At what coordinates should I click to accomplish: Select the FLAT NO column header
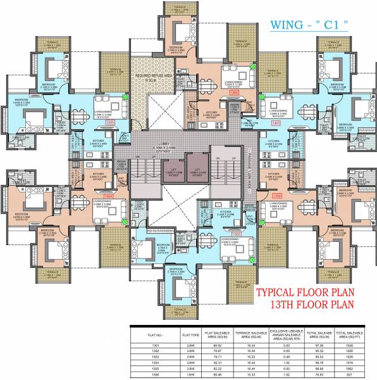tap(146, 333)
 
